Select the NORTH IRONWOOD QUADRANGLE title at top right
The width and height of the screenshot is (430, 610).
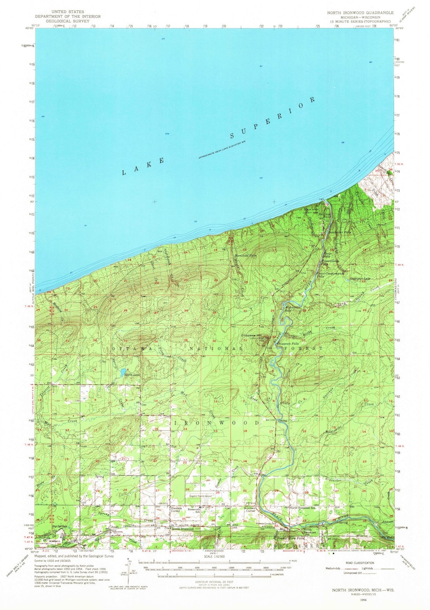pyautogui.click(x=357, y=11)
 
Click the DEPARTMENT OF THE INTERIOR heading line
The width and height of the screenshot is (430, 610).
pyautogui.click(x=67, y=16)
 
